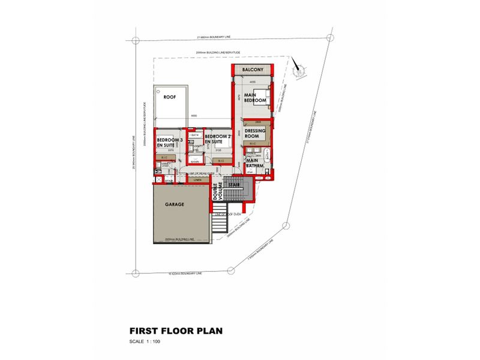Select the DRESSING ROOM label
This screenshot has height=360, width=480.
(x=256, y=133)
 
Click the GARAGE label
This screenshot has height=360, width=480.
(x=175, y=204)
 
